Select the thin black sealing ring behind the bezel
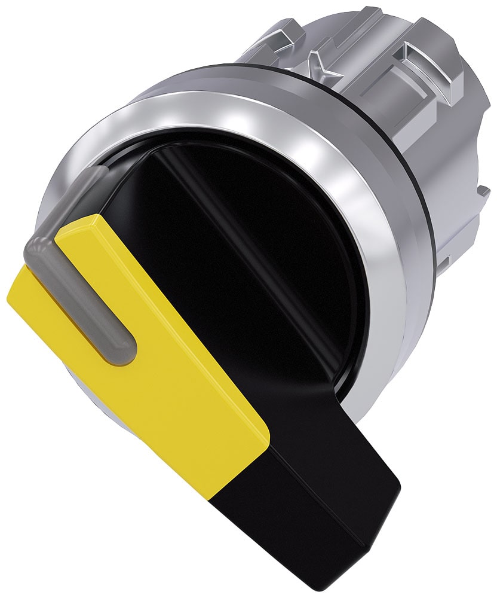click(418, 179)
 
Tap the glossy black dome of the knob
click(287, 239)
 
